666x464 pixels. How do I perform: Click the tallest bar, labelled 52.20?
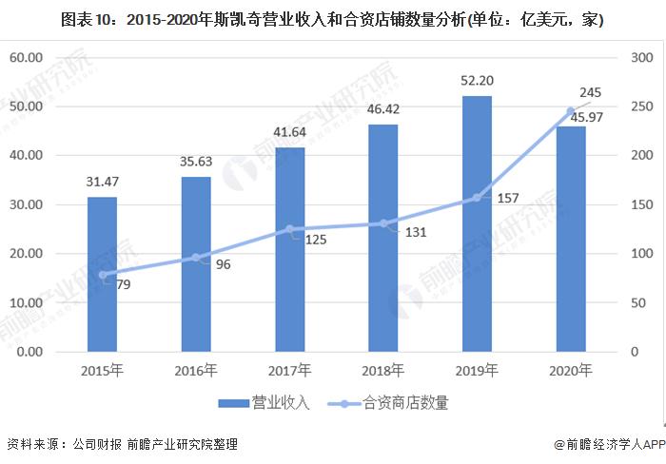click(x=477, y=223)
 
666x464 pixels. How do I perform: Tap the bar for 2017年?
click(x=290, y=249)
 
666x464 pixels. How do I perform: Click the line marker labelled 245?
click(x=571, y=111)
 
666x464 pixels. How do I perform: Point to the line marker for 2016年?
click(x=196, y=258)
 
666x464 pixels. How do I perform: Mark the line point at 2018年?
click(x=383, y=223)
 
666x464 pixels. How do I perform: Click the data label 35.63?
click(x=196, y=161)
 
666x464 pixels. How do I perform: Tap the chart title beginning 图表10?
click(x=332, y=19)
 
